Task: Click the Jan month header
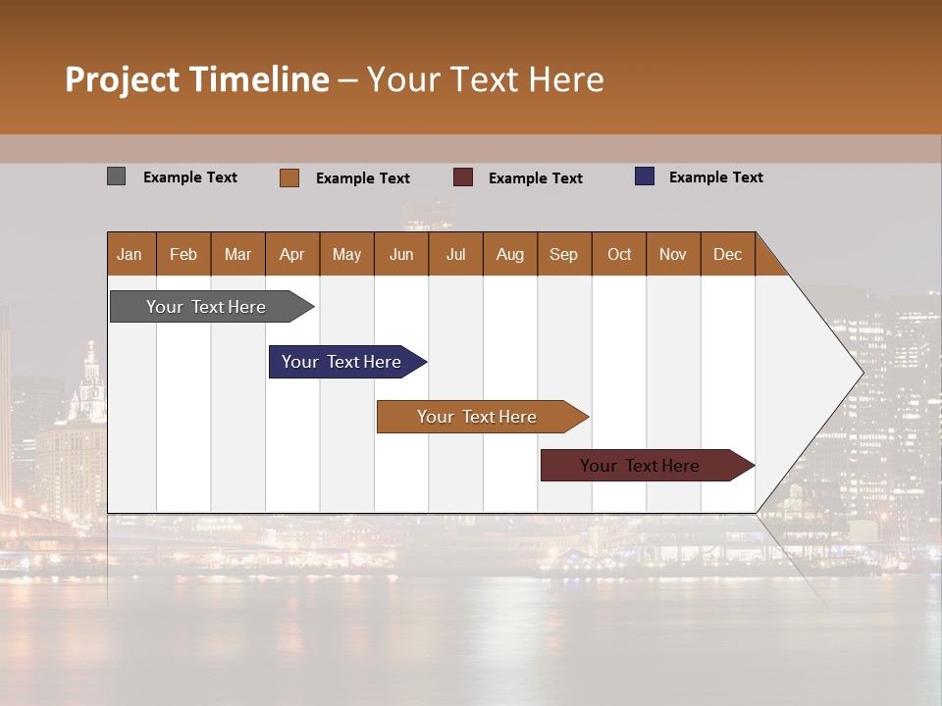click(x=130, y=254)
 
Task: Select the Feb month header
click(x=183, y=254)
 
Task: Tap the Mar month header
click(x=237, y=254)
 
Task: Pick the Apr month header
click(x=292, y=254)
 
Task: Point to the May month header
click(x=346, y=254)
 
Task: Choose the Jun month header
click(x=401, y=254)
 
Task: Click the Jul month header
click(x=455, y=254)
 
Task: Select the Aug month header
click(x=510, y=254)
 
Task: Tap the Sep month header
click(x=564, y=254)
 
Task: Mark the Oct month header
click(x=619, y=254)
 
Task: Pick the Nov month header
click(x=673, y=254)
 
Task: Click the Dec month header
click(x=728, y=254)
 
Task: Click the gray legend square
click(x=117, y=176)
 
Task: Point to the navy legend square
click(x=645, y=176)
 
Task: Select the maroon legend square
click(x=463, y=176)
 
